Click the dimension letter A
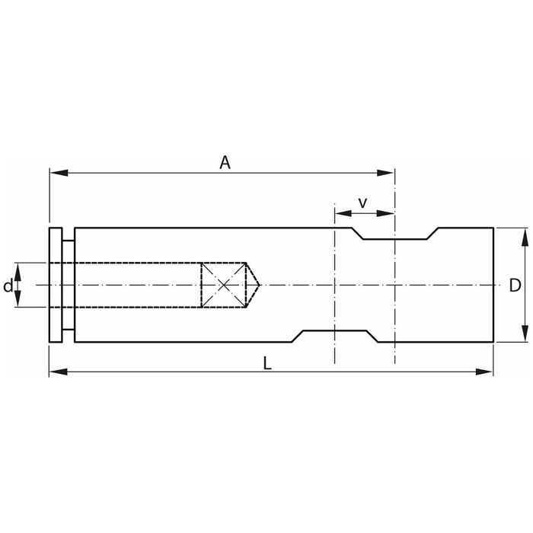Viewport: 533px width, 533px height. (x=225, y=162)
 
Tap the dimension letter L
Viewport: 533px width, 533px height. (x=267, y=363)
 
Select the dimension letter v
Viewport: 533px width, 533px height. (x=363, y=203)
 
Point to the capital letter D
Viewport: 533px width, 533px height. (x=515, y=286)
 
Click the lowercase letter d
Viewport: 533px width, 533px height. (x=8, y=286)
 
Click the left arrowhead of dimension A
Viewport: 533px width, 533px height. (x=59, y=173)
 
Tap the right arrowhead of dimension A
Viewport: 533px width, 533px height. (x=385, y=173)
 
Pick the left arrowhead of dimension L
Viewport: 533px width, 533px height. (x=58, y=372)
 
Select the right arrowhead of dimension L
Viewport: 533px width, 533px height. (x=484, y=372)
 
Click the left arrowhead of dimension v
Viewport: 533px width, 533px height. (x=343, y=213)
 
